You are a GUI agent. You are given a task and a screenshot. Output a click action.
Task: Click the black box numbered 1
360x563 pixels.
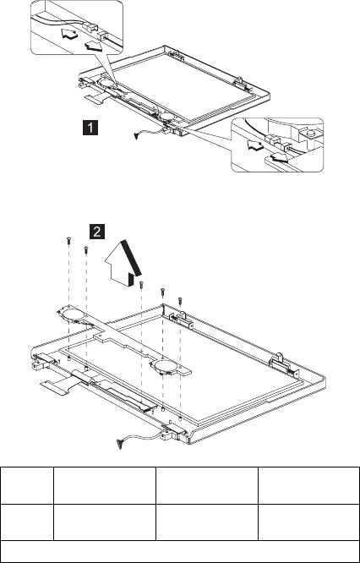click(90, 128)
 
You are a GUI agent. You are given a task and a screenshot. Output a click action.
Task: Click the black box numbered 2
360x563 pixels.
click(97, 232)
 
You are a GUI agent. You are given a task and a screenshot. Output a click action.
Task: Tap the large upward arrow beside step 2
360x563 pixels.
click(122, 264)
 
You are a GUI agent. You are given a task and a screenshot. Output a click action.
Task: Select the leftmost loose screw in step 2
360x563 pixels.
click(68, 241)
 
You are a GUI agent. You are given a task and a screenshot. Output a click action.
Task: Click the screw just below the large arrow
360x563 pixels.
click(141, 285)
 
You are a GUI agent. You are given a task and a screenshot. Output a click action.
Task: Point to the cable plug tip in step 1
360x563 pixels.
click(136, 136)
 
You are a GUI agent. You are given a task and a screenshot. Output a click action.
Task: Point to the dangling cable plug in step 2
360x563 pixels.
click(119, 444)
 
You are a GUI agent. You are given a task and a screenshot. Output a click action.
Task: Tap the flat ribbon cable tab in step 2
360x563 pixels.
click(57, 387)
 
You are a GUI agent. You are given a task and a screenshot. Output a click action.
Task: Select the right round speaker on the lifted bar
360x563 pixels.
click(164, 367)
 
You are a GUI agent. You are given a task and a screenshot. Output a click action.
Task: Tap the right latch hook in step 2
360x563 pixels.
click(280, 360)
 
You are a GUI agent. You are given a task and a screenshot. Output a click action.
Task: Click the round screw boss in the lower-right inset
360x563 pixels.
click(311, 134)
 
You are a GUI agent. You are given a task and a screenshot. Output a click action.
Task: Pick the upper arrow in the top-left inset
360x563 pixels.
click(68, 35)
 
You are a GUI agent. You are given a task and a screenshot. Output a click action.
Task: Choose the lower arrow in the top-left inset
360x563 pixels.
click(93, 45)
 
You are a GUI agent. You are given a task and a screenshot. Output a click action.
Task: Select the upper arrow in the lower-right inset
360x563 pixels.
click(255, 145)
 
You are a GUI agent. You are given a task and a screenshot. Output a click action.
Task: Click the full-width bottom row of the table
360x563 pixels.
click(180, 551)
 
